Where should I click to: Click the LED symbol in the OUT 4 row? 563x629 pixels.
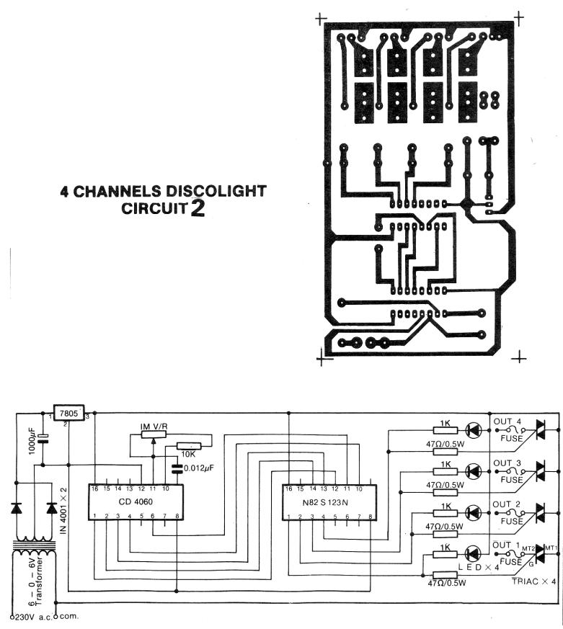coord(473,430)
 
